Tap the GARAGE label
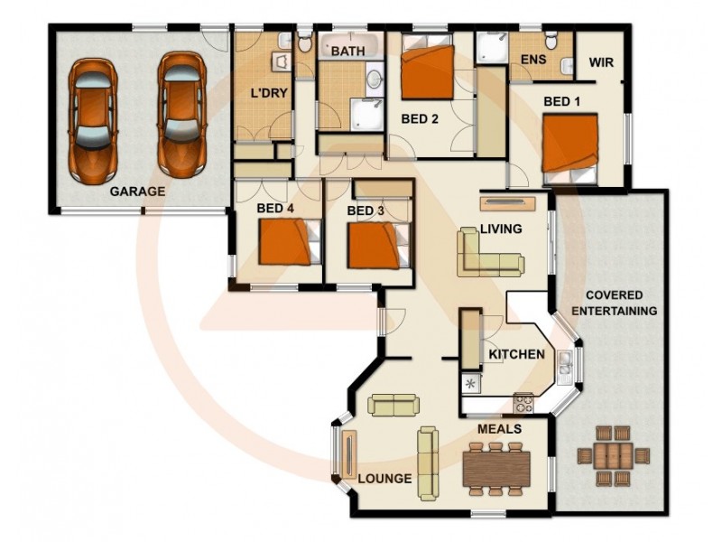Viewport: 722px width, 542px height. (137, 192)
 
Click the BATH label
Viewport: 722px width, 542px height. (347, 51)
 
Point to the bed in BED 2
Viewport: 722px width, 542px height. (427, 72)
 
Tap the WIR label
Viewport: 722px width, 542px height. (602, 63)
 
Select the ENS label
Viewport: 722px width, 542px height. (533, 60)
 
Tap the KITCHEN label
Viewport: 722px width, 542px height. (516, 354)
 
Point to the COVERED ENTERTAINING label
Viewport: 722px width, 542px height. (614, 303)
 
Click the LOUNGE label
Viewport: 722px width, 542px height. (385, 479)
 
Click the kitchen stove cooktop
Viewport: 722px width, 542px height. (523, 401)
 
